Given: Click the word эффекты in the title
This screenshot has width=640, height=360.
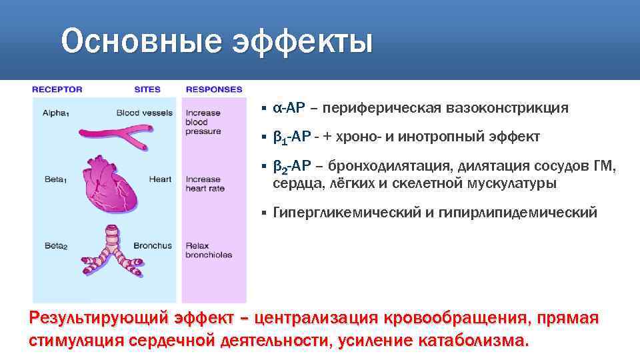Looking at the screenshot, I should coord(302,42).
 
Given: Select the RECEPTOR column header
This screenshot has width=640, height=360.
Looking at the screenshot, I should coord(57,89).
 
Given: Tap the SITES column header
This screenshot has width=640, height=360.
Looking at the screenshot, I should coord(147,89).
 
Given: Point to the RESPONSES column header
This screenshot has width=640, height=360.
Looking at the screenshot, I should coord(214,89).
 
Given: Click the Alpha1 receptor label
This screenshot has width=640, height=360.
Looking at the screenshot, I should coord(55,113).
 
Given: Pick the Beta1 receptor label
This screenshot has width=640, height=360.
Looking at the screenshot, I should coord(54,180).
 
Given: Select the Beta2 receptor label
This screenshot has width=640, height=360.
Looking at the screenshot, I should coord(54,246).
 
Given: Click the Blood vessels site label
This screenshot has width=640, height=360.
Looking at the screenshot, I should coord(144,113).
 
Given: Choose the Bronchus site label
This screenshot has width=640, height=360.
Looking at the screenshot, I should coord(153,245).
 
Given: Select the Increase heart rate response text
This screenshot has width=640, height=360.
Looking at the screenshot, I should coord(205,184).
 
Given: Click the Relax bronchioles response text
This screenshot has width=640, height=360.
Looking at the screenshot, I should coord(209,250).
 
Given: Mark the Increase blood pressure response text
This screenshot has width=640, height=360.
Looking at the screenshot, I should coord(203,122).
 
